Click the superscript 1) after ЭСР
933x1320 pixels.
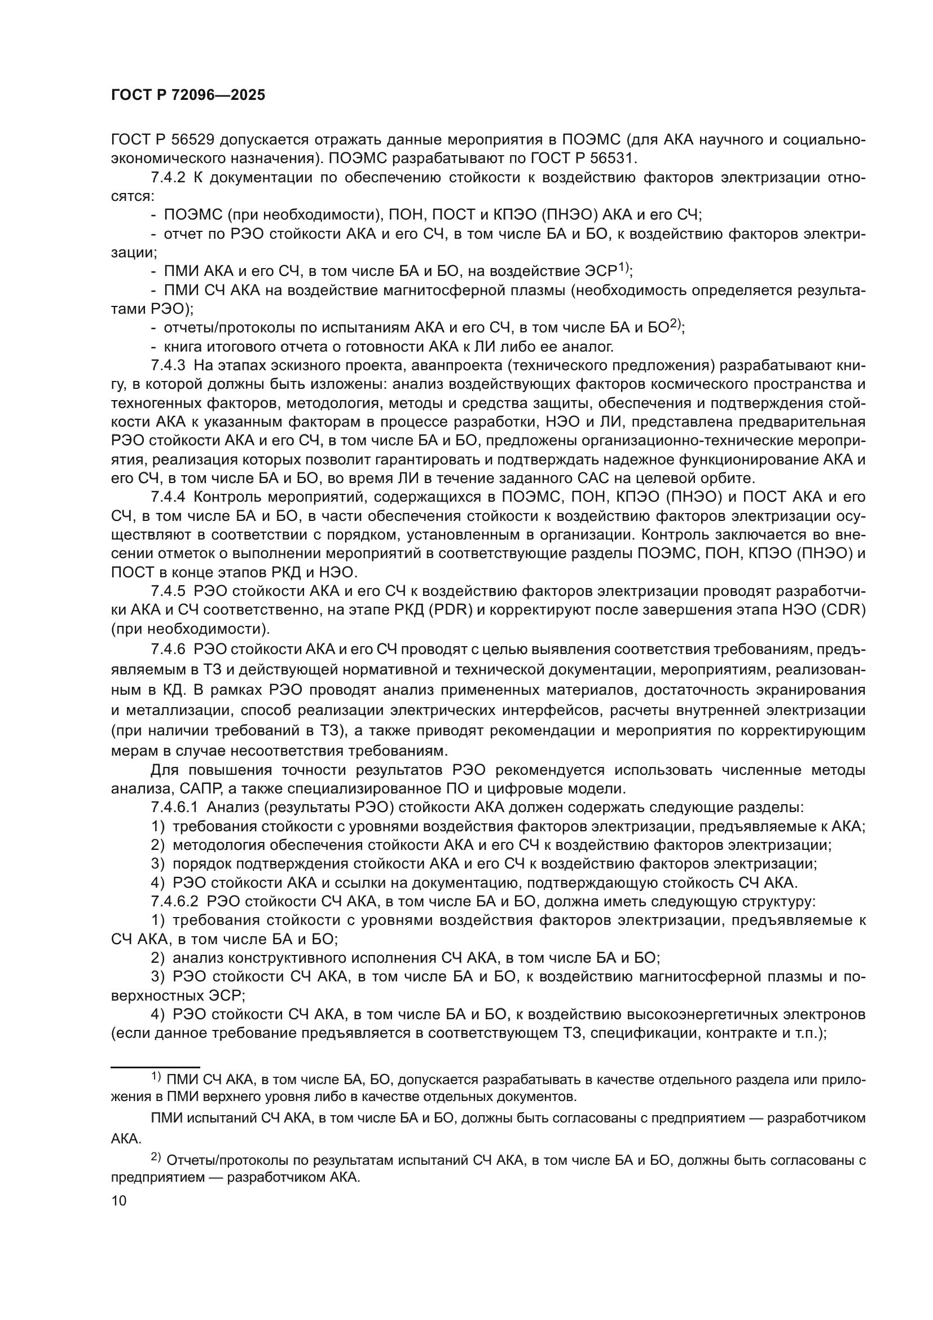coord(623,267)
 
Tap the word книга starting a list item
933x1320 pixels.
coord(184,347)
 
